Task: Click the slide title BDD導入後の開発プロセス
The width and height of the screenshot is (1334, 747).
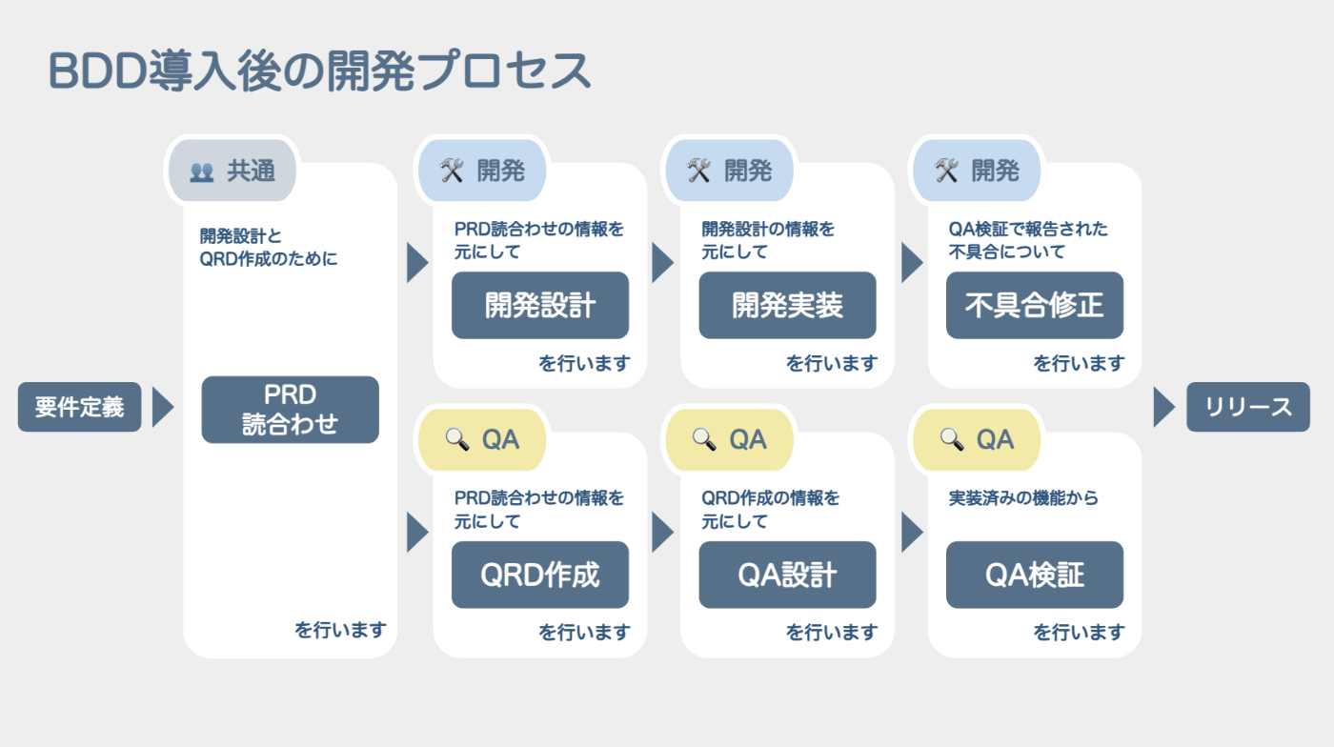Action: [319, 71]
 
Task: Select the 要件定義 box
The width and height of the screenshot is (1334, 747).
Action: [80, 407]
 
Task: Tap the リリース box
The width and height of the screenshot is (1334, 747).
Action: [1248, 407]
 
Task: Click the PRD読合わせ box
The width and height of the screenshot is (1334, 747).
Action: [290, 410]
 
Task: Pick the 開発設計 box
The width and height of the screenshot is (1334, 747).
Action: [540, 305]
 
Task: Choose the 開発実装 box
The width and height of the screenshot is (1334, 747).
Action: [787, 305]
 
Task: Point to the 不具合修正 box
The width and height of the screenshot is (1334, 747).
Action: [1035, 305]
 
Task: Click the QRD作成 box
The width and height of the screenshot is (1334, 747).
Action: [540, 575]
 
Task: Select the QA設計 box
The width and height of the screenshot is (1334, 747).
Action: [787, 575]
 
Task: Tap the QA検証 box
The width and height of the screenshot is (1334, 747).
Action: [1035, 575]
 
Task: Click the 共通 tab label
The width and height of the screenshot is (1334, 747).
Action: [251, 171]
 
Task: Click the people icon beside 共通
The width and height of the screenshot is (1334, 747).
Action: [201, 172]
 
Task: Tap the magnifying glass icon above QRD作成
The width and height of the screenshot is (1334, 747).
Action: [456, 439]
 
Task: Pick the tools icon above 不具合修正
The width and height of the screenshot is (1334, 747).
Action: [946, 171]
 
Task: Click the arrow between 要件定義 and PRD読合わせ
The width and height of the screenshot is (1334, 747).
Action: [163, 408]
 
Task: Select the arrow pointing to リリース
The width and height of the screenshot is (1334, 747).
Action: [1164, 408]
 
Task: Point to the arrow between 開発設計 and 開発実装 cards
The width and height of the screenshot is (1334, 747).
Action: [663, 262]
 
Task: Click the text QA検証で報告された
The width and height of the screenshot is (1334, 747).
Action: [1028, 229]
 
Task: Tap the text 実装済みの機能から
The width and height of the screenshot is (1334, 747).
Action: [1023, 497]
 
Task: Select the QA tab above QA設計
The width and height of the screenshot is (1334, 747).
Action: [730, 439]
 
